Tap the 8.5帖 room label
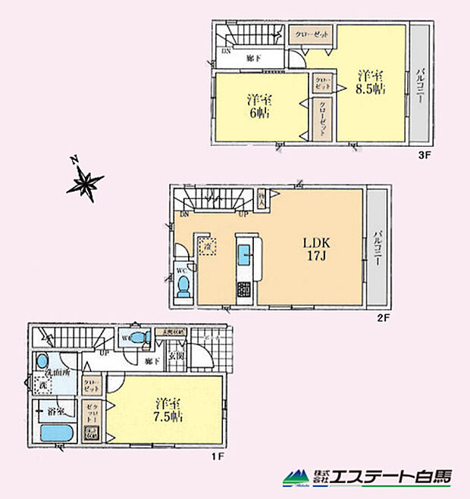(371, 81)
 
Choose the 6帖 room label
(258, 107)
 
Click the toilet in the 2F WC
(183, 286)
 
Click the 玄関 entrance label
(174, 357)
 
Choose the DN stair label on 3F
(225, 51)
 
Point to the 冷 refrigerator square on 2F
(207, 246)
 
